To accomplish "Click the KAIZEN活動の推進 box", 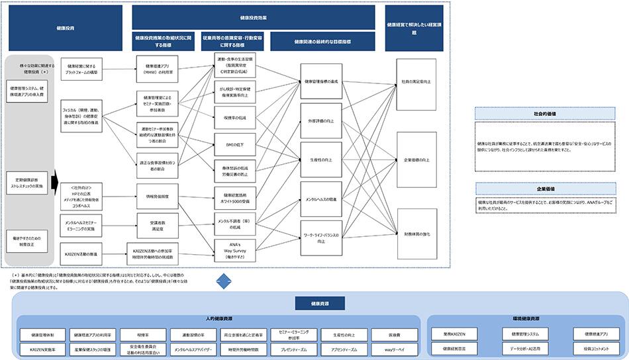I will click(82, 253).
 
